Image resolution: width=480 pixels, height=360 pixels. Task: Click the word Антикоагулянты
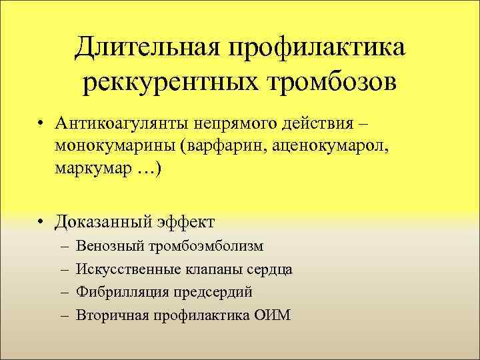[x=123, y=125]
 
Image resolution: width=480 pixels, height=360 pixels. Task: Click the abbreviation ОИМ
[x=273, y=315]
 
